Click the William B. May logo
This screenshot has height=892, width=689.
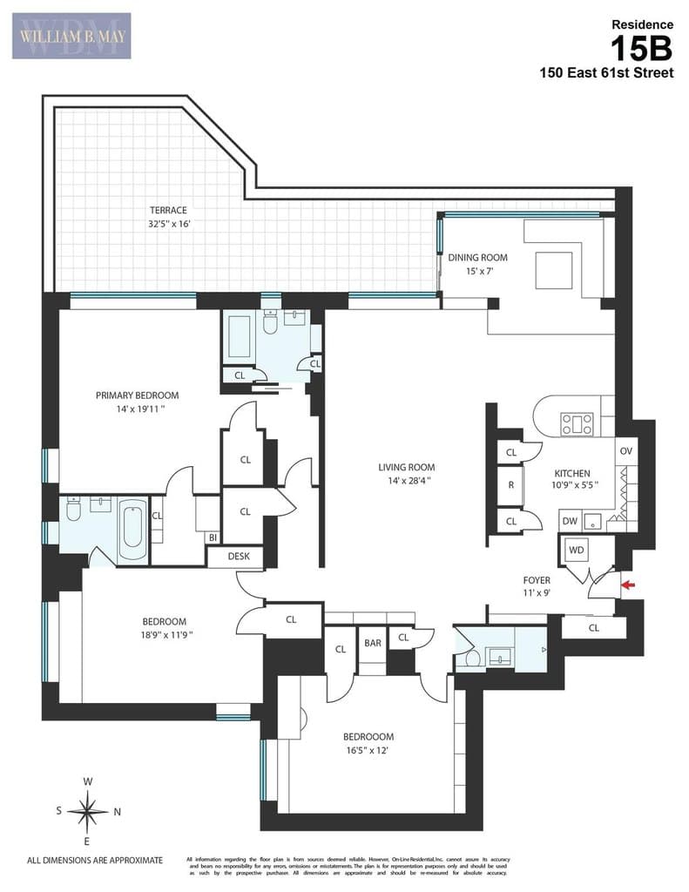(x=71, y=36)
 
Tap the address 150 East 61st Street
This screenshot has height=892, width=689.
(x=606, y=73)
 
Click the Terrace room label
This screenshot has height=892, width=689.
(x=167, y=210)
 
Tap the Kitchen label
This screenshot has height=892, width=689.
(x=571, y=474)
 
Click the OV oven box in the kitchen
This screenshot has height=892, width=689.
(x=625, y=451)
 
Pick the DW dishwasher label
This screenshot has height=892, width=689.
(x=570, y=521)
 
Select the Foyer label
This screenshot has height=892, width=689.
(x=536, y=579)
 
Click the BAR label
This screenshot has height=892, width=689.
(x=373, y=643)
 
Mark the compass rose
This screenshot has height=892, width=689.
(x=88, y=811)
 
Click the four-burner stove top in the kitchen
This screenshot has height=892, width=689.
(x=577, y=423)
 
